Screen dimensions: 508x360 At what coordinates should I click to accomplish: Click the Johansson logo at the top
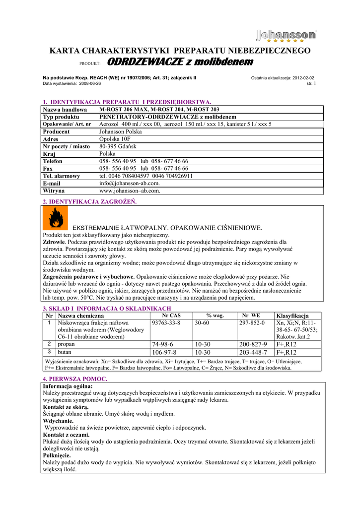point(287,36)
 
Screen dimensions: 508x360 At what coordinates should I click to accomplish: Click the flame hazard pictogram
point(53,218)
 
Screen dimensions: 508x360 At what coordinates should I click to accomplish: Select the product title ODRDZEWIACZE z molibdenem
point(180,62)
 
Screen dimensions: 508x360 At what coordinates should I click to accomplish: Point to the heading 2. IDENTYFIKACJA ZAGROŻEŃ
point(90,201)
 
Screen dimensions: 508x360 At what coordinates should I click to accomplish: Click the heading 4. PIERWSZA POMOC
point(75,379)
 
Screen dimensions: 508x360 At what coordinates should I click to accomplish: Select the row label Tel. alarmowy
point(62,176)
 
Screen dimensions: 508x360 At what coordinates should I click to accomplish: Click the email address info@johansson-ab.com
point(130,183)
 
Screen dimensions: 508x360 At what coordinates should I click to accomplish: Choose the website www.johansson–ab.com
point(130,190)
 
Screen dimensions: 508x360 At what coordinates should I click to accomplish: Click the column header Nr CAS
point(171,316)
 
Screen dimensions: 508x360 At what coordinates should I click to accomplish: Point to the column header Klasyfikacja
point(292,316)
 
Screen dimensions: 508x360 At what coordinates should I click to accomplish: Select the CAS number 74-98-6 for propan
point(164,344)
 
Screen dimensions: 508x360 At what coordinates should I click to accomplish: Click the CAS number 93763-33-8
point(166,323)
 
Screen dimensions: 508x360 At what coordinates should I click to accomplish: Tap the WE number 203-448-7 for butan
point(253,352)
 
